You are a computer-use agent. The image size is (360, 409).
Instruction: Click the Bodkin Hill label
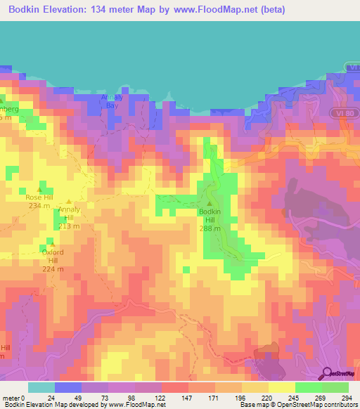pyautogui.click(x=210, y=215)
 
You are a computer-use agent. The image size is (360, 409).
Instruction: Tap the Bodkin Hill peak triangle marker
pyautogui.click(x=210, y=203)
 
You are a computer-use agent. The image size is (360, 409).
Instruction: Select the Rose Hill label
pyautogui.click(x=39, y=197)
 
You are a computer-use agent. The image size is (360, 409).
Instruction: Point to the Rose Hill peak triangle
pyautogui.click(x=40, y=189)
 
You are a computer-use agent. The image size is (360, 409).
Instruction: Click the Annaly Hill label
pyautogui.click(x=69, y=217)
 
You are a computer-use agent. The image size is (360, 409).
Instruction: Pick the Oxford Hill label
pyautogui.click(x=53, y=256)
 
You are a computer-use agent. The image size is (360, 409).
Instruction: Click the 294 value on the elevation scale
pyautogui.click(x=345, y=398)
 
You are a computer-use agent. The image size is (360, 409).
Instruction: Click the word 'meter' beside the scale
pyautogui.click(x=10, y=398)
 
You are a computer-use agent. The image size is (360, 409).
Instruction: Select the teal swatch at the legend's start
pyautogui.click(x=41, y=387)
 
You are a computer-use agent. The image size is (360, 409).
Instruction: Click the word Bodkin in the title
pyautogui.click(x=30, y=8)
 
